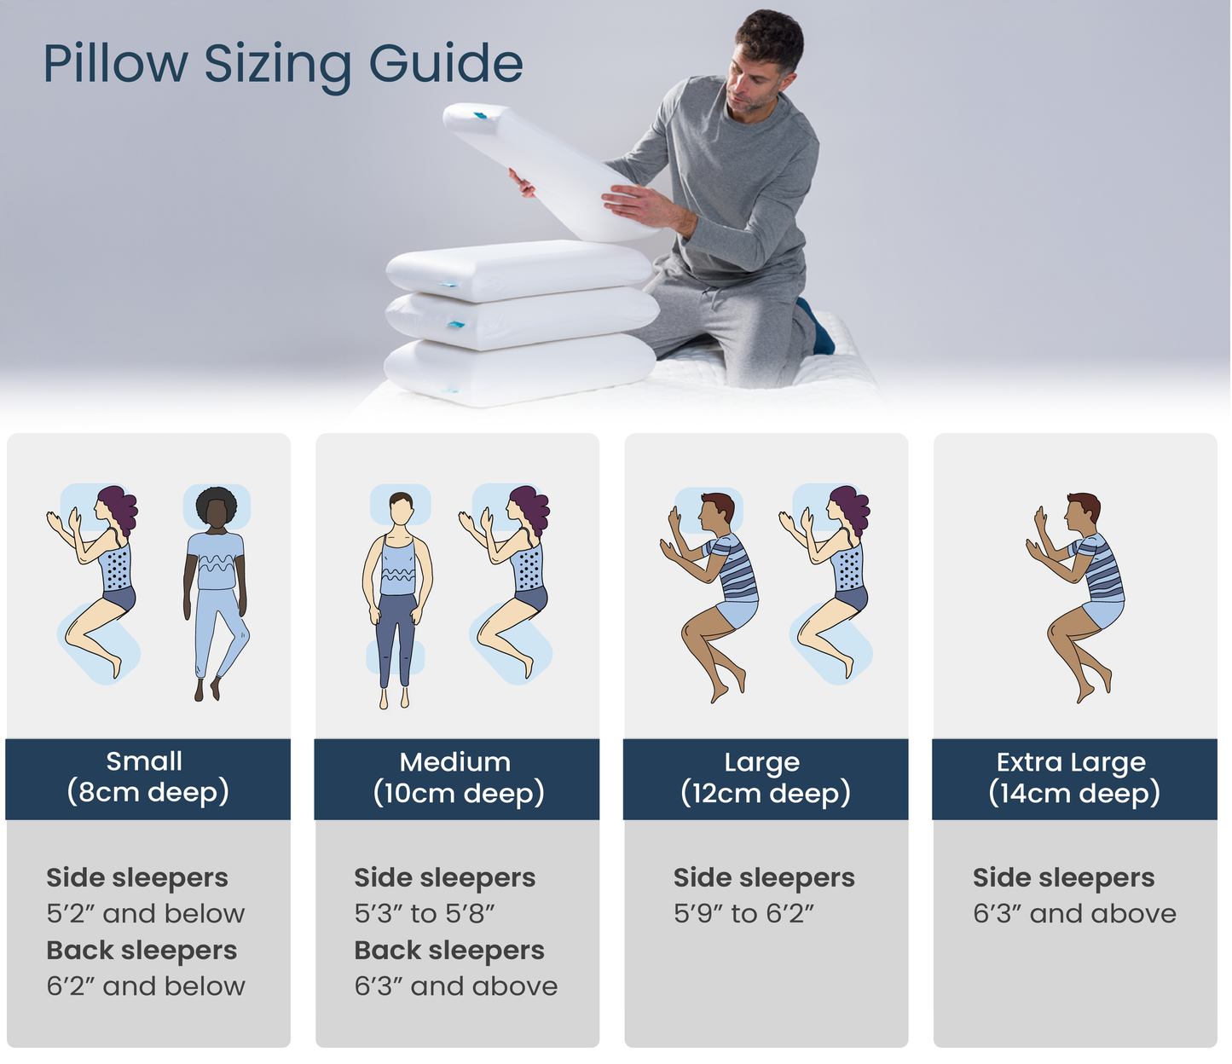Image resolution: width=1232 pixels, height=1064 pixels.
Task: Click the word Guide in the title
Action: (x=445, y=65)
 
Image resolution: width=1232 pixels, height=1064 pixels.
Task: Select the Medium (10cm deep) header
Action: (x=458, y=778)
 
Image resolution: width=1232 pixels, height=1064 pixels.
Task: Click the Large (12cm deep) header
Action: (x=765, y=778)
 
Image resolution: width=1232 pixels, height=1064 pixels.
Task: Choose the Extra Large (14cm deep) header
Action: (x=1073, y=778)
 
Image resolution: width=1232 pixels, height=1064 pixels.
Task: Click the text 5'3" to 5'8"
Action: (x=425, y=914)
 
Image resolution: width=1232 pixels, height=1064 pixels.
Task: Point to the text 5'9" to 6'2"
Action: (x=743, y=914)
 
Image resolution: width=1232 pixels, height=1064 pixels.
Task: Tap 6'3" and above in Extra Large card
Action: (x=1073, y=914)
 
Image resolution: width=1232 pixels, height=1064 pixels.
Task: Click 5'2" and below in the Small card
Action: (x=146, y=914)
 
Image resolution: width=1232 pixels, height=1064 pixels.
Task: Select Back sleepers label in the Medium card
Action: (x=448, y=951)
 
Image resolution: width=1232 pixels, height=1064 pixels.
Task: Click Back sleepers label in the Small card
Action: (x=142, y=951)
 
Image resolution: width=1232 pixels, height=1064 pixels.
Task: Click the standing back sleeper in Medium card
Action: (x=397, y=597)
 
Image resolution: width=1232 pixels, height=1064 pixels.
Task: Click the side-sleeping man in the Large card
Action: (x=711, y=593)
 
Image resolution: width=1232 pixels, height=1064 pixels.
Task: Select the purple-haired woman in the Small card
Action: (x=98, y=580)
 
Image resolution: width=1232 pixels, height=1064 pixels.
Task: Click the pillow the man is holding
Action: (x=546, y=171)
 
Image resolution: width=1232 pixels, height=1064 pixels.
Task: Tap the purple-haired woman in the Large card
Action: (x=831, y=580)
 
